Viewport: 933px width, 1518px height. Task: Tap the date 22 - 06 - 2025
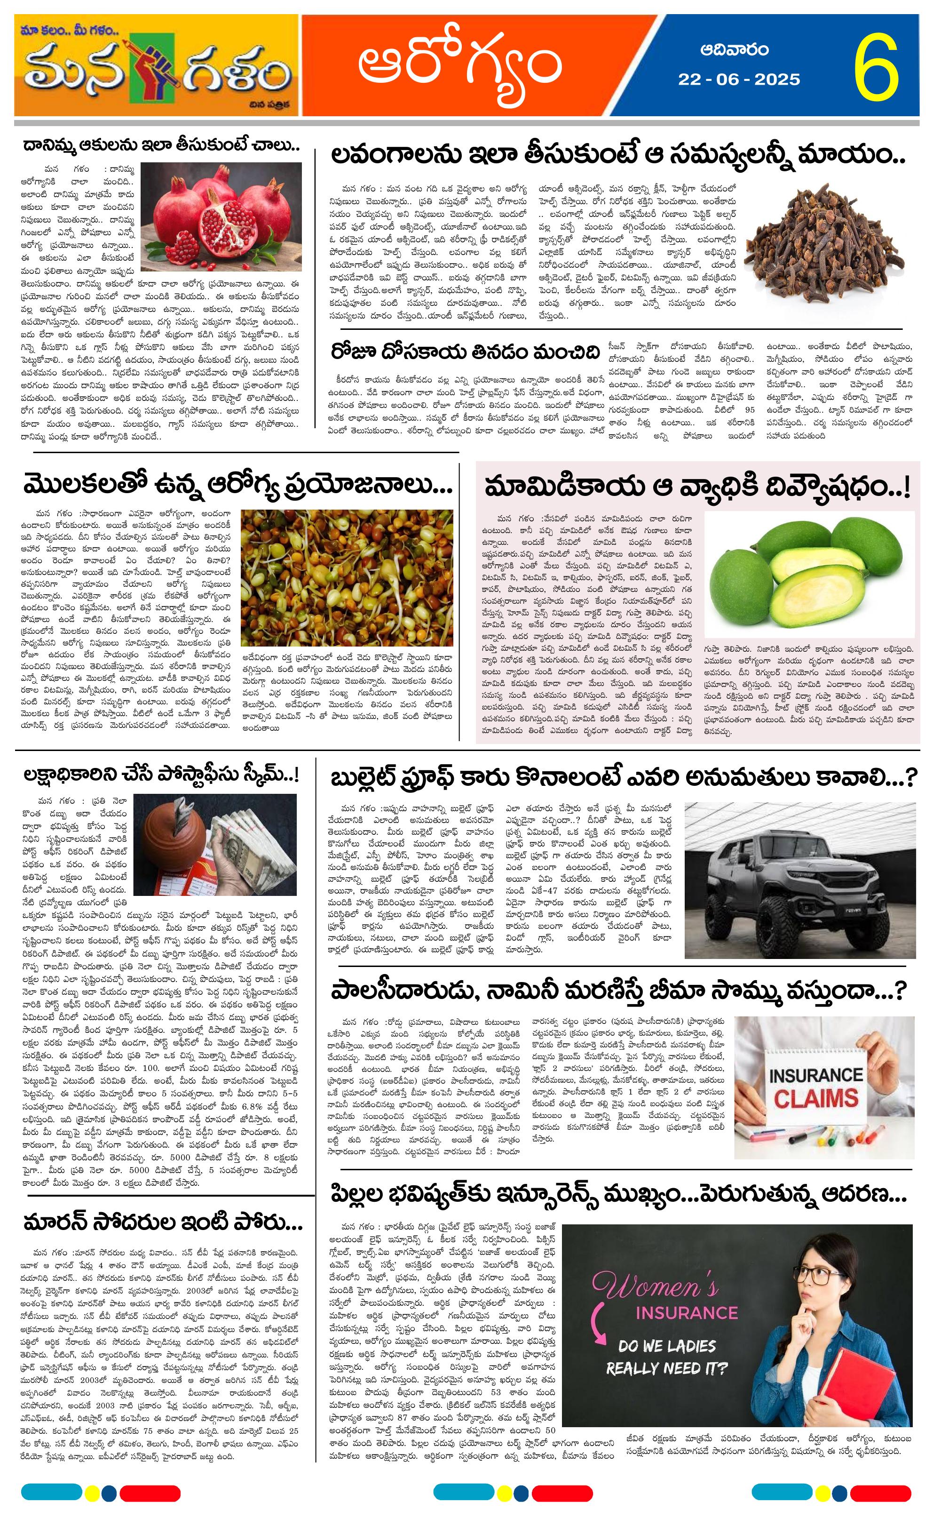(739, 80)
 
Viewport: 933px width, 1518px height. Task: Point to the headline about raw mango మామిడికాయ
(697, 487)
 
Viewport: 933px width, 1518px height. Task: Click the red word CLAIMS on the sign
(816, 1098)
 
